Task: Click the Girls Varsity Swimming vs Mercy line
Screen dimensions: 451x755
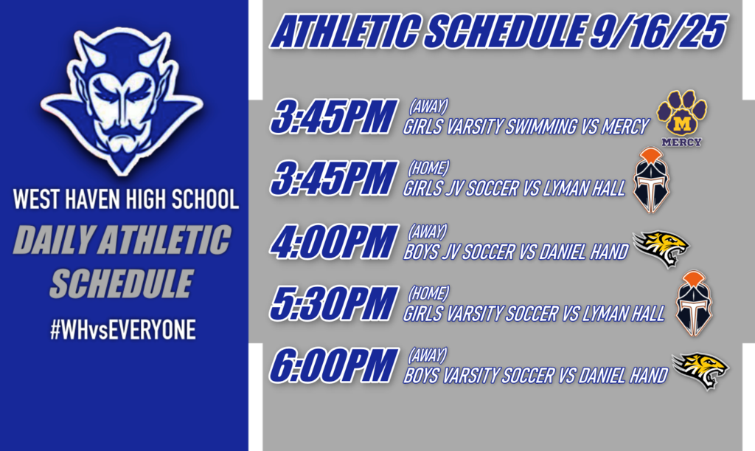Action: click(x=526, y=127)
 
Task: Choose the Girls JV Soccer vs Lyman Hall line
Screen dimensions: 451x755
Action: click(x=514, y=189)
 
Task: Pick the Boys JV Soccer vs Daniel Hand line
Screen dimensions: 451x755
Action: click(x=515, y=252)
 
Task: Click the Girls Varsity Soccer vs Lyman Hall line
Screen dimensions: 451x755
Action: click(x=534, y=314)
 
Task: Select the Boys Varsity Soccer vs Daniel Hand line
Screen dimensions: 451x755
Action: click(x=535, y=376)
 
